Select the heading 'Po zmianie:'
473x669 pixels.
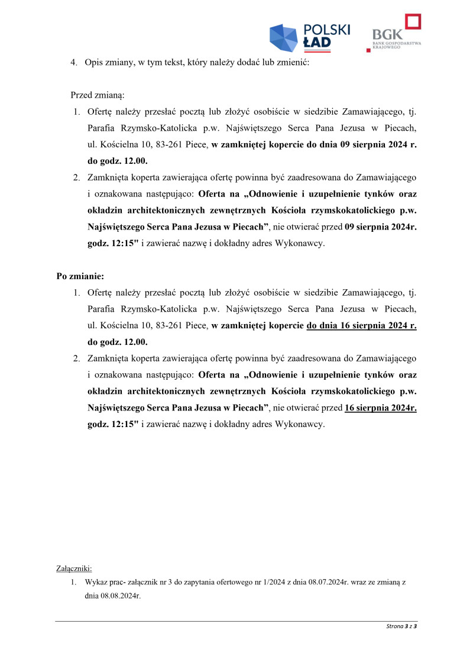[80, 276]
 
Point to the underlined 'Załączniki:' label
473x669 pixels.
[74, 568]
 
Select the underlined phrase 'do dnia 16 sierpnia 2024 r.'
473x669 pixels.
[362, 325]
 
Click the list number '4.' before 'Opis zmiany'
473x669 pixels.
[74, 62]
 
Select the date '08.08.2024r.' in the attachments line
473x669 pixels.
[112, 596]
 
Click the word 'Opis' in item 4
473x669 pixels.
[95, 62]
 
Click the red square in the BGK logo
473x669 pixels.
[412, 22]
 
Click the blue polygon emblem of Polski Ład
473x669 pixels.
[283, 38]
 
